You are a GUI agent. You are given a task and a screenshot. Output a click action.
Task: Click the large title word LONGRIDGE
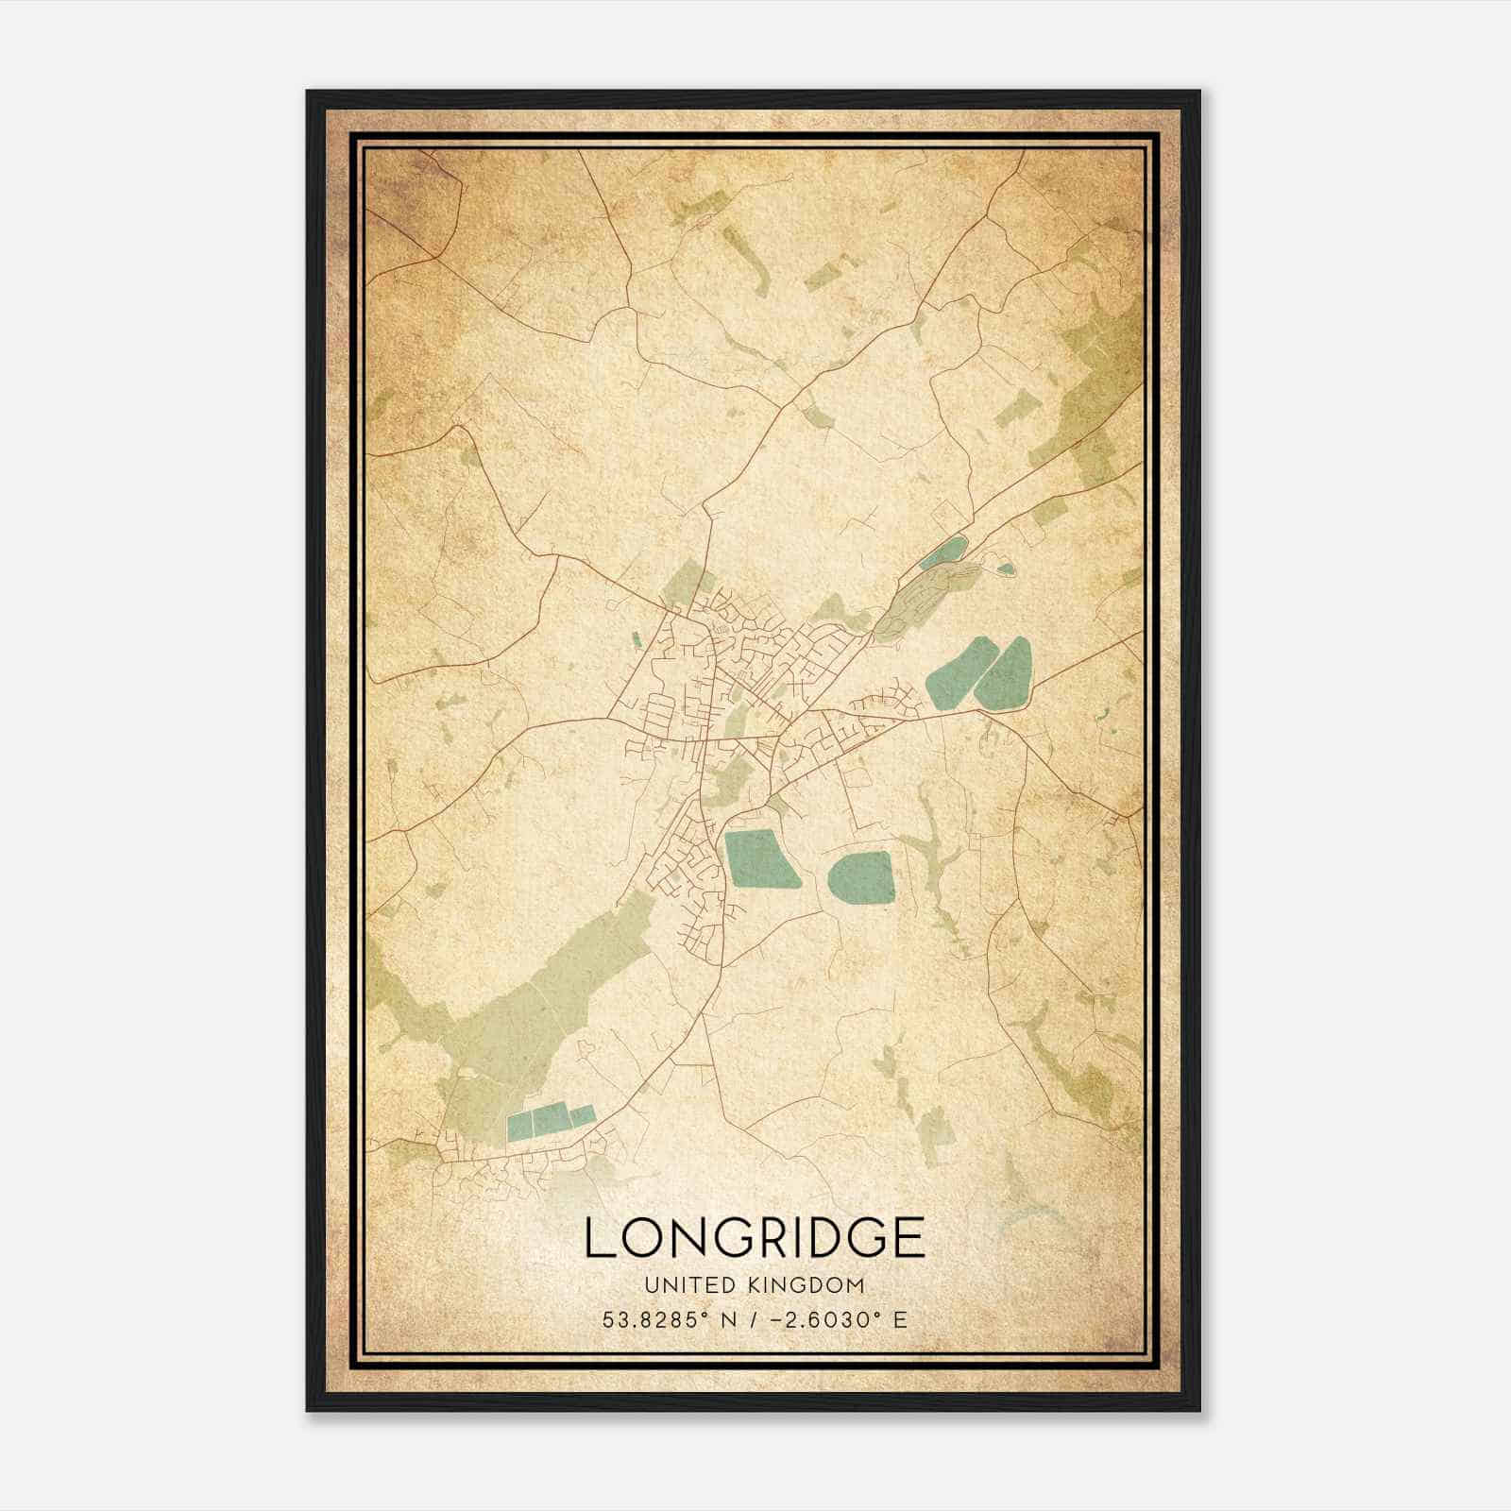tap(754, 1237)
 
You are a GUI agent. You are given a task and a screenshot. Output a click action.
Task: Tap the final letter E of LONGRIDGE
tap(908, 1237)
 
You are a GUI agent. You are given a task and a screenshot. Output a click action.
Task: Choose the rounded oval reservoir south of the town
tap(861, 878)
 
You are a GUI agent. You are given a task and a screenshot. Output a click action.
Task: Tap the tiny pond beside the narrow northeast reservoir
tap(1005, 569)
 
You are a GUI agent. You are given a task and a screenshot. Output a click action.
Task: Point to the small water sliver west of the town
tap(636, 639)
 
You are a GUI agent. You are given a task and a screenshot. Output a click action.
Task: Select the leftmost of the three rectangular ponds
tap(520, 1125)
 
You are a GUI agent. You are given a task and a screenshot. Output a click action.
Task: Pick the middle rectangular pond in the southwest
tap(551, 1119)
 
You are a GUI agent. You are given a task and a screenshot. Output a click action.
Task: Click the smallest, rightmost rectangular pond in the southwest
tap(581, 1115)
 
